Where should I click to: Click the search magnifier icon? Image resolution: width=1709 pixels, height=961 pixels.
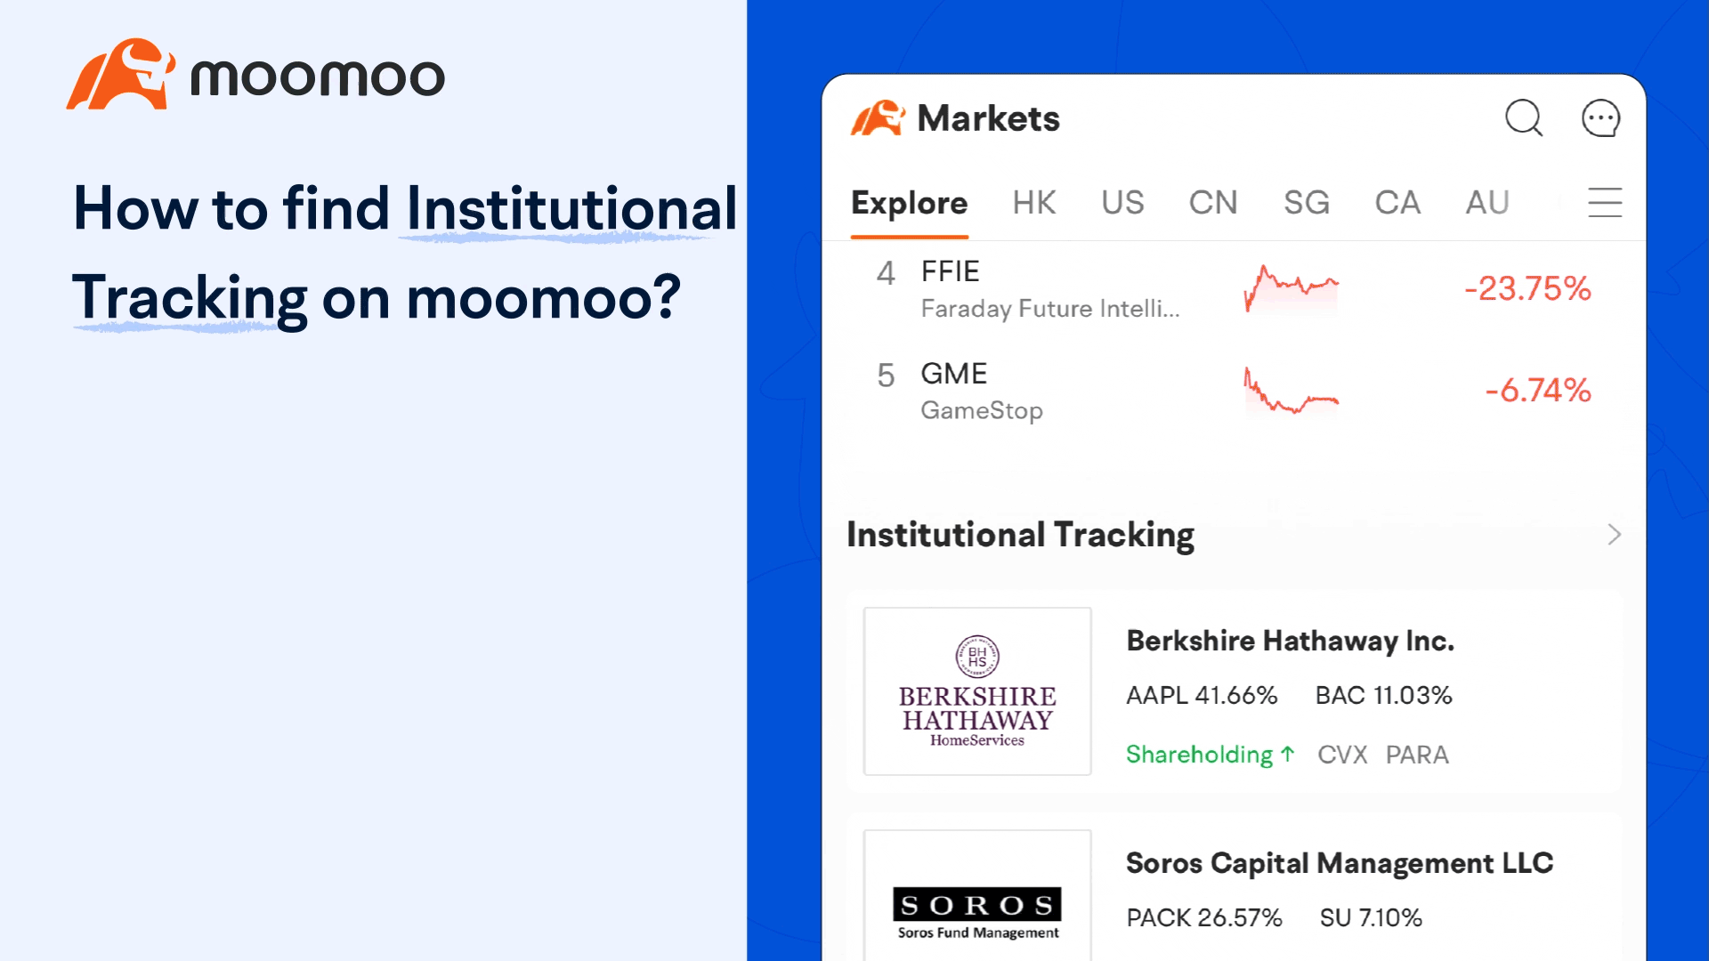point(1523,117)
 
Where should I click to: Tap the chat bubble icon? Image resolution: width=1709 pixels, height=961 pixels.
point(1600,117)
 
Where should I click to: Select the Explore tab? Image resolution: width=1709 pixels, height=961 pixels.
point(909,203)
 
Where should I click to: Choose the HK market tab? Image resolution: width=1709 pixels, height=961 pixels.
point(1033,203)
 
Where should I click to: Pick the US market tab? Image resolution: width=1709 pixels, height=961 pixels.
point(1122,203)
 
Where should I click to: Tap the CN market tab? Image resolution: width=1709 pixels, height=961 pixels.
point(1213,203)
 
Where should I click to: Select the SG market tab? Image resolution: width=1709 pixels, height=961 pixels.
point(1306,203)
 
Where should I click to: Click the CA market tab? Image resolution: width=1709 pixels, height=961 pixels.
point(1397,203)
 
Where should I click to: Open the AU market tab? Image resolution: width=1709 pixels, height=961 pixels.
point(1487,203)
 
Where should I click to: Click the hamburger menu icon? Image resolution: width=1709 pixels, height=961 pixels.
point(1605,203)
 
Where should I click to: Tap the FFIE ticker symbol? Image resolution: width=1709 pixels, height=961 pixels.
point(950,271)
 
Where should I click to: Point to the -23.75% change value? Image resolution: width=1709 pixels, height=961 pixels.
point(1527,288)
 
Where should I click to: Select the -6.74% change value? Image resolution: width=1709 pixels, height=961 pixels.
point(1537,390)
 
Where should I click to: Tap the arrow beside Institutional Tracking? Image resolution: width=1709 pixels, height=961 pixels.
point(1614,535)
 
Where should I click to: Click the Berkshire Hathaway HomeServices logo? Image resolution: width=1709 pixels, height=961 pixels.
point(977,691)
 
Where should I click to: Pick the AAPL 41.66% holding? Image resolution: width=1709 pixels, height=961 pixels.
point(1202,695)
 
